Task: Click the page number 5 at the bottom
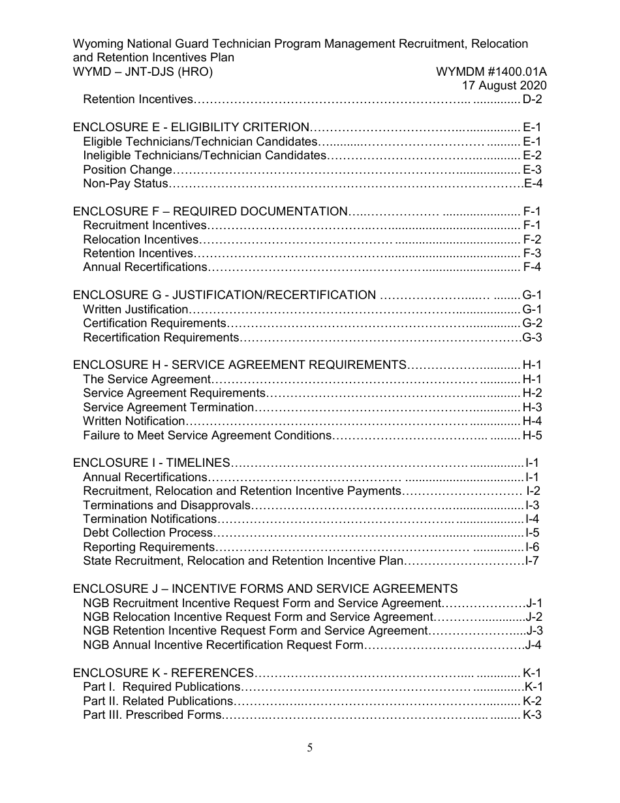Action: tap(310, 748)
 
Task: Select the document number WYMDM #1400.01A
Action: tap(491, 72)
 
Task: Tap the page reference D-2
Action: tap(533, 100)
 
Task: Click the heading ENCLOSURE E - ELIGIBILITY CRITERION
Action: tap(191, 128)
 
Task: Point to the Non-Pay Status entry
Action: tap(125, 184)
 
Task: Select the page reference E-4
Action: tap(534, 184)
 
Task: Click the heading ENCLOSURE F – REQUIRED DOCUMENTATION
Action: tap(209, 212)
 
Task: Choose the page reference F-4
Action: tap(533, 267)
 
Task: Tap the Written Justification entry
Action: tap(136, 309)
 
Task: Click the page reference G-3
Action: tap(533, 338)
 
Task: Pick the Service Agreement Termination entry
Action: tap(168, 407)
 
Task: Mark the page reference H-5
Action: tap(533, 435)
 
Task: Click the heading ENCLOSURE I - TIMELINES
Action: tap(151, 463)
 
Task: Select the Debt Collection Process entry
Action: tap(148, 533)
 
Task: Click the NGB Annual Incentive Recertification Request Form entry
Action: tap(222, 645)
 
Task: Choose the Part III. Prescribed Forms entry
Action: tap(153, 715)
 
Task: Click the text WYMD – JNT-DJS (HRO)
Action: tap(143, 72)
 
